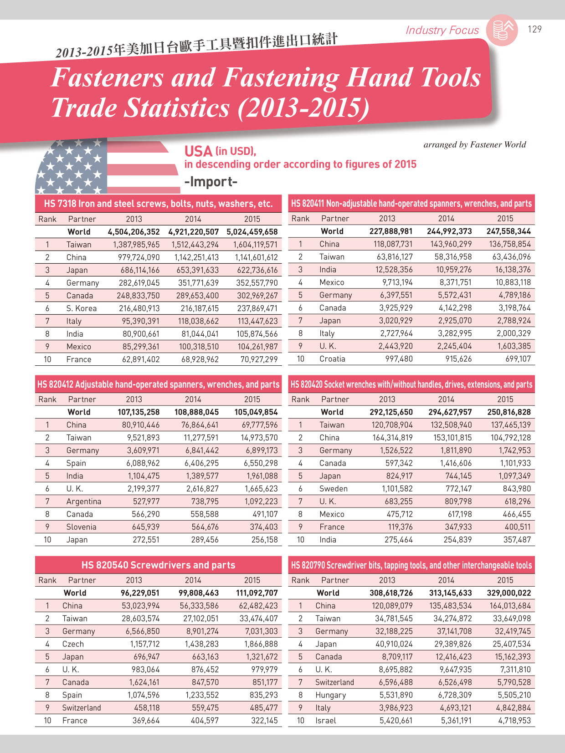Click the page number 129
534,29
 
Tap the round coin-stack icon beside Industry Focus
502,30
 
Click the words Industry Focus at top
442,30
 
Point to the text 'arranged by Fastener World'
475,144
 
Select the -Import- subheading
211,181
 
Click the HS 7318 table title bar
159,204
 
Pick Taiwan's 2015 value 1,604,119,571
255,245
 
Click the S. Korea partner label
81,308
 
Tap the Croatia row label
332,359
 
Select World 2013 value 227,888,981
391,231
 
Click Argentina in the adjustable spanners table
84,502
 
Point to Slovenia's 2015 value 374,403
264,527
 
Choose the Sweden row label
334,488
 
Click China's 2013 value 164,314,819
392,438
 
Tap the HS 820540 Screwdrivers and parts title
159,565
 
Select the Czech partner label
73,644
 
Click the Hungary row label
331,695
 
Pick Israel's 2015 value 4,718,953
514,720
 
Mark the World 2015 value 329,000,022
509,593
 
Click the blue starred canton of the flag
72,166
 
